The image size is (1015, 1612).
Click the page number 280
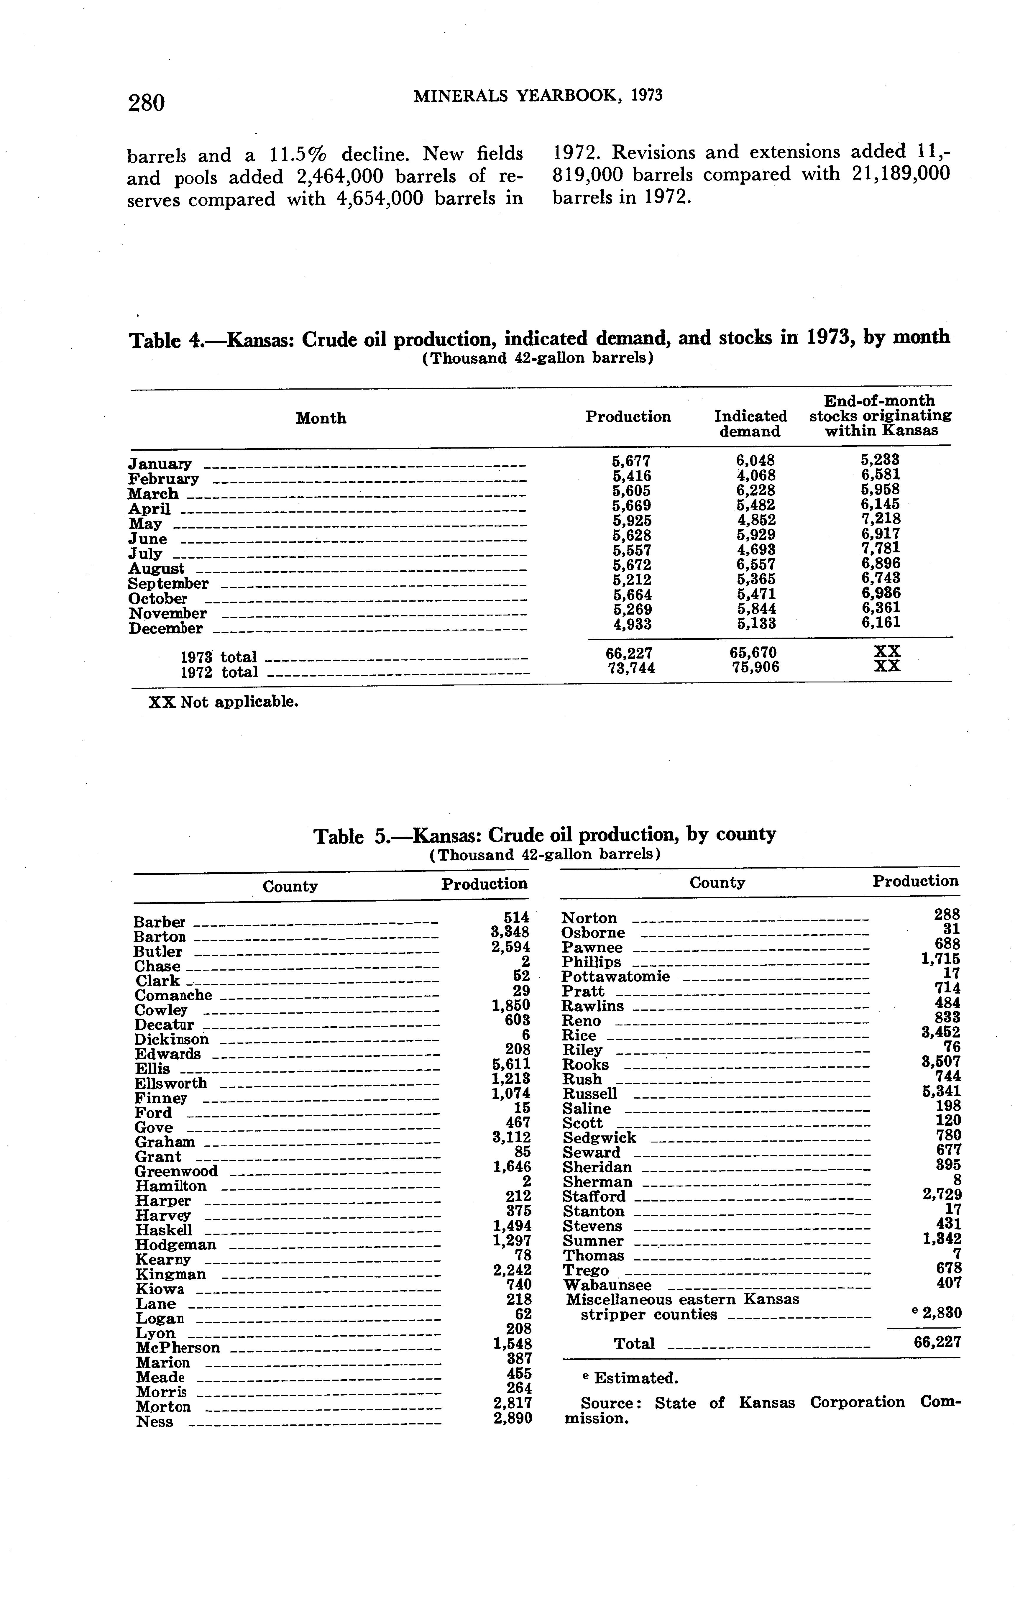pyautogui.click(x=146, y=102)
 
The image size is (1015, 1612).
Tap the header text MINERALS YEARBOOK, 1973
pyautogui.click(x=538, y=96)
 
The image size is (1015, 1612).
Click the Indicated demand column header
pyautogui.click(x=750, y=424)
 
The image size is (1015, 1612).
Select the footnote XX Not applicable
pyautogui.click(x=223, y=702)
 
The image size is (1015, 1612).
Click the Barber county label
pyautogui.click(x=159, y=922)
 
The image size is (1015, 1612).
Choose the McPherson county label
pyautogui.click(x=178, y=1347)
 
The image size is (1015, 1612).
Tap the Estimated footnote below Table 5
pyautogui.click(x=629, y=1378)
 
